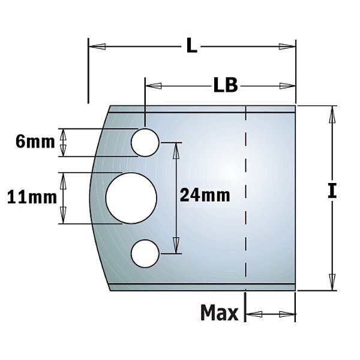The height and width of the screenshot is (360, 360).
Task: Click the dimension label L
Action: pyautogui.click(x=192, y=46)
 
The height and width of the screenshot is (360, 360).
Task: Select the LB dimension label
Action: pyautogui.click(x=226, y=85)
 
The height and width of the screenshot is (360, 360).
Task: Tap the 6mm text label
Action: pyautogui.click(x=35, y=142)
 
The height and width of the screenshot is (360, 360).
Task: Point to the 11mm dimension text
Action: pyautogui.click(x=32, y=197)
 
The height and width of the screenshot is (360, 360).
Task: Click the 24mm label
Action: pyautogui.click(x=205, y=196)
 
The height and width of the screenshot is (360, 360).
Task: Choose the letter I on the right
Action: pyautogui.click(x=332, y=191)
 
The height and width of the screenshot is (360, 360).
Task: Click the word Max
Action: pyautogui.click(x=219, y=313)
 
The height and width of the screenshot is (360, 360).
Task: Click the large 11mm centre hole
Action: pyautogui.click(x=131, y=198)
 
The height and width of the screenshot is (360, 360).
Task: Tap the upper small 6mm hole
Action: pyautogui.click(x=145, y=143)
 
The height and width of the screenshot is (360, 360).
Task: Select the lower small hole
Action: pyautogui.click(x=145, y=254)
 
